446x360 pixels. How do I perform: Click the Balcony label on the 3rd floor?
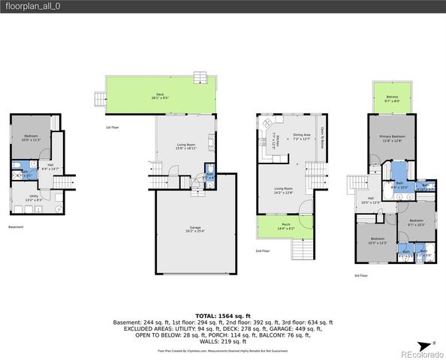[x=392, y=98]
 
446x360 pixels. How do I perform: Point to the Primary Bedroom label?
[x=391, y=138]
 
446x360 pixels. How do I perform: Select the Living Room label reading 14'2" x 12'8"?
[x=283, y=190]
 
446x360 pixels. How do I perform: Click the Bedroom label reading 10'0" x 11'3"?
[x=30, y=137]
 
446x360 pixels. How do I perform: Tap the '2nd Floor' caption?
[x=262, y=250]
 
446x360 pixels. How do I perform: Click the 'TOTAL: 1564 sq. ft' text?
[x=222, y=316]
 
